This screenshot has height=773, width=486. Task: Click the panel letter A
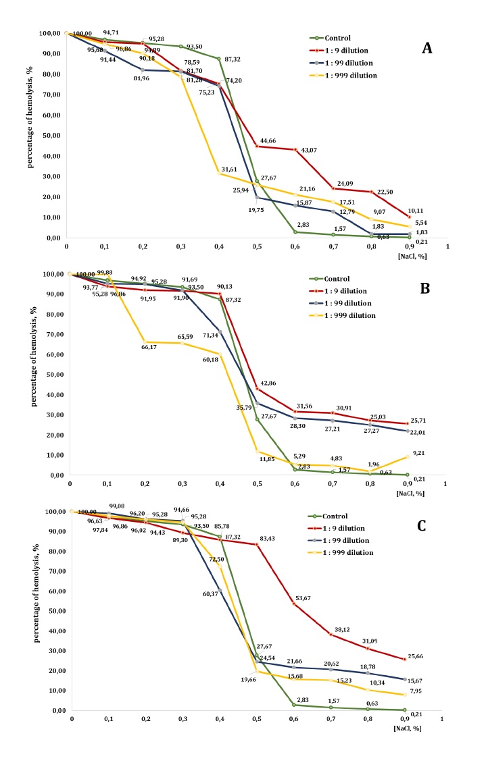427,48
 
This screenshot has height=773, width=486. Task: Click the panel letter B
426,287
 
